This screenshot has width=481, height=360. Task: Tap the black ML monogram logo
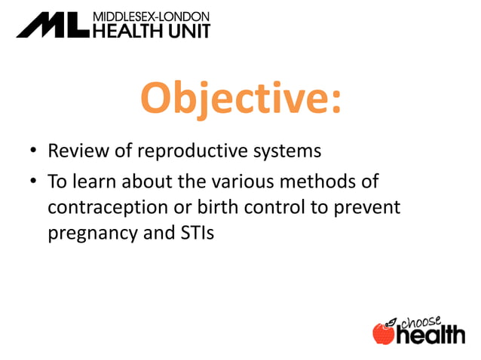tap(52, 24)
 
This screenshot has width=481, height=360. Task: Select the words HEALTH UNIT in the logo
tap(151, 29)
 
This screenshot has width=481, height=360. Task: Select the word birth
tap(213, 208)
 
